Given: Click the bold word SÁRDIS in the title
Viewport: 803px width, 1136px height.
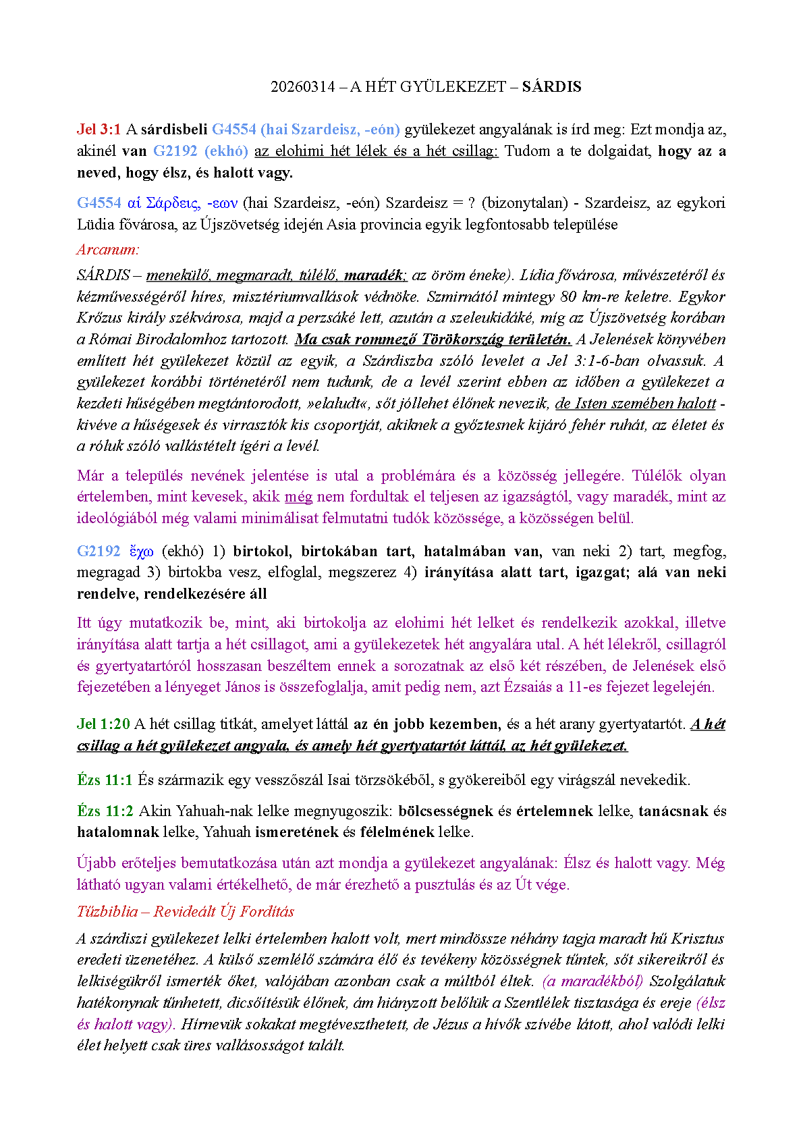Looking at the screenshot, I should tap(551, 86).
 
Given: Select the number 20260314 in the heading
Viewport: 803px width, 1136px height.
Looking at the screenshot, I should tap(302, 86).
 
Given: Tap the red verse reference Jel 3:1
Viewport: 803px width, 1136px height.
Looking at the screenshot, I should tap(99, 129).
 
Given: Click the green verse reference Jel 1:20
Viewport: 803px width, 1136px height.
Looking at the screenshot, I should tap(103, 724).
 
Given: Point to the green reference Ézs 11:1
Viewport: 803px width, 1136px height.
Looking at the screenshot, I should tap(105, 780).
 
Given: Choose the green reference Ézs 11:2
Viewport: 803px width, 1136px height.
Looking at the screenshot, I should tap(105, 811).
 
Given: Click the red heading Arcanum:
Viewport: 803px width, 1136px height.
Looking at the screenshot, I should tap(108, 249).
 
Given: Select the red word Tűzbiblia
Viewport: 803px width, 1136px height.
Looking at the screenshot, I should tap(107, 911).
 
